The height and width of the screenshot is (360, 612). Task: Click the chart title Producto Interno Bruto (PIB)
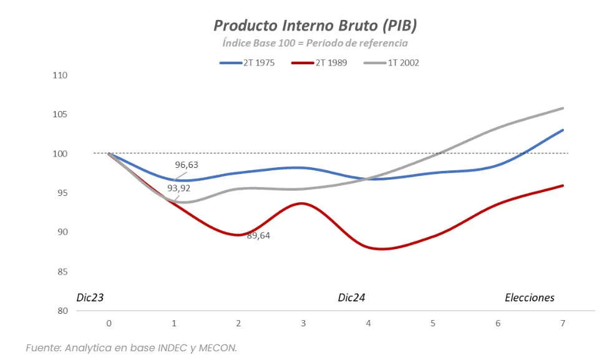pos(314,26)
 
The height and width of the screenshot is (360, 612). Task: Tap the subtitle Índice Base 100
pos(314,43)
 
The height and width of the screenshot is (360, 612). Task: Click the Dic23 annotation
pos(90,298)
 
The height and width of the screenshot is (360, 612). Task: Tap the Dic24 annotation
pos(351,298)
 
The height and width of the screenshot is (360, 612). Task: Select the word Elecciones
pos(529,298)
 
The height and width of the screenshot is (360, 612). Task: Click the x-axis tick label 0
pos(109,323)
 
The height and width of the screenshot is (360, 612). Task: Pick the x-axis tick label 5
pos(433,323)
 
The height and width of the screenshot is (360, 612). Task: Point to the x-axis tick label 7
pos(563,323)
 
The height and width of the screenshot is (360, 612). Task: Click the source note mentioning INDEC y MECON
pos(131,348)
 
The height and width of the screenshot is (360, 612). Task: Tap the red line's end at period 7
pos(563,185)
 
